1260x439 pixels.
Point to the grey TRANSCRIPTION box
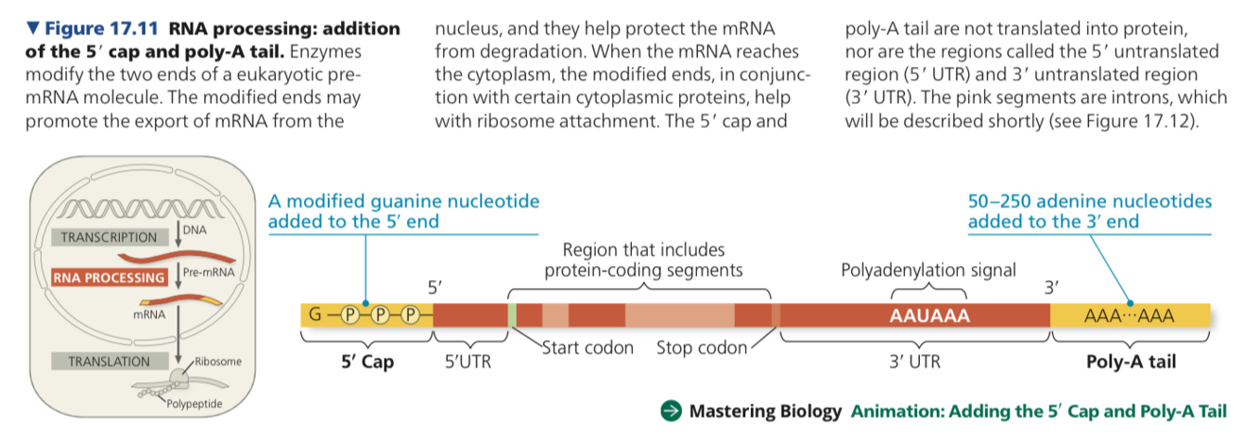click(109, 237)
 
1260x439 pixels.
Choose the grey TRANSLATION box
click(109, 362)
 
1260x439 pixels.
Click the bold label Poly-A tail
click(1131, 361)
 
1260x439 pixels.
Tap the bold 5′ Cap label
click(367, 361)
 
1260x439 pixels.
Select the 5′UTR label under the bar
click(467, 361)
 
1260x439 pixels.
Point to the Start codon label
click(587, 347)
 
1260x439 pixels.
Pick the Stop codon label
click(701, 347)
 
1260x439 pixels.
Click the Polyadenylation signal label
click(928, 270)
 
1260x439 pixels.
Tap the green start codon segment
click(512, 315)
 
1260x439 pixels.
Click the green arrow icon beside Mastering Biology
click(671, 411)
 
